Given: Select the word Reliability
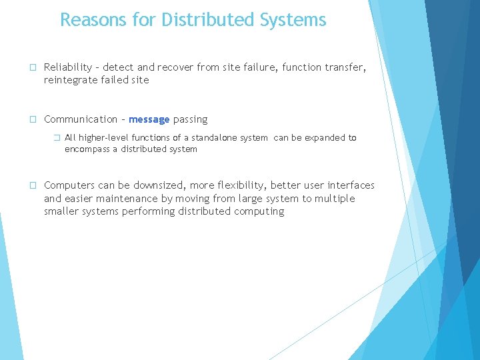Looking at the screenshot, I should click(x=69, y=67).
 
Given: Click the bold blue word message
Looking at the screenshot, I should click(x=149, y=119).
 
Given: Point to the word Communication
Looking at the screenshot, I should click(x=81, y=119).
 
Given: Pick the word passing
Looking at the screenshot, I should click(x=191, y=119).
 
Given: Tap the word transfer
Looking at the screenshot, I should click(x=343, y=67).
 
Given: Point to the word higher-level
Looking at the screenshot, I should click(x=103, y=138).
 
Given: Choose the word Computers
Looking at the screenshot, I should click(x=69, y=185).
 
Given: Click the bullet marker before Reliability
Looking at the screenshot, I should click(x=33, y=67).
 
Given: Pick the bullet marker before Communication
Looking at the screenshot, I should click(x=33, y=120).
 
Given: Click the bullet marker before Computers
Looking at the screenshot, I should click(x=33, y=185).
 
